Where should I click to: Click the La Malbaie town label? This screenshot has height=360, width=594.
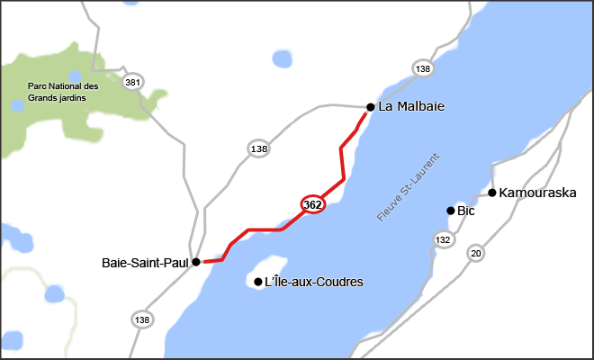[x=411, y=106]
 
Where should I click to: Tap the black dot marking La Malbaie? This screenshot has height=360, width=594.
[x=370, y=106]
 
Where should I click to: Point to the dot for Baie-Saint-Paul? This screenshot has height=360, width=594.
[x=196, y=263]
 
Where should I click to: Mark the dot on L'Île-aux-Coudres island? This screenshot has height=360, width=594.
[x=259, y=283]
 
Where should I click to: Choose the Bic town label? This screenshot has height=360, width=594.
[x=465, y=211]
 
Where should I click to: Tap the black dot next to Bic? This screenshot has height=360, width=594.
[x=451, y=211]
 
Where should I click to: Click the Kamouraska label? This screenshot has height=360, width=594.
[x=537, y=193]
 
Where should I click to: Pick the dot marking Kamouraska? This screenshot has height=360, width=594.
[x=492, y=193]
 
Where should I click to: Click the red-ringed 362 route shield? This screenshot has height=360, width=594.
[x=312, y=204]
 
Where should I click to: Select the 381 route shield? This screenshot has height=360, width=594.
[x=134, y=82]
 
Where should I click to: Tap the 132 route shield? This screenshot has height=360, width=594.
[x=443, y=239]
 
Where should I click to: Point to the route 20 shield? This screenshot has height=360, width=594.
[x=475, y=254]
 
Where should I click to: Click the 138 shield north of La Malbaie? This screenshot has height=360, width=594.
[x=423, y=68]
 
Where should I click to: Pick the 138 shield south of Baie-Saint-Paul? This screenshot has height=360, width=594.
[x=141, y=319]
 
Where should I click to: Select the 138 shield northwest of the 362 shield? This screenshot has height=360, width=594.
[x=259, y=148]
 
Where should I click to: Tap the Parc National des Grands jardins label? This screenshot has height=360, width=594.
[x=63, y=92]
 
